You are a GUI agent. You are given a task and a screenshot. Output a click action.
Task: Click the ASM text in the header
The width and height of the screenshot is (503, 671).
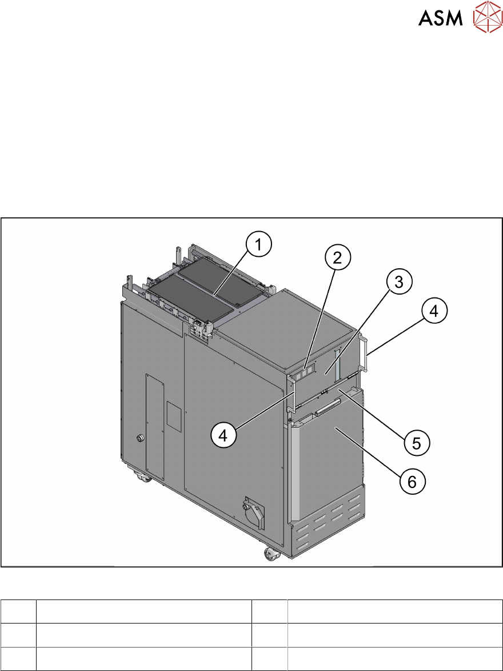[441, 18]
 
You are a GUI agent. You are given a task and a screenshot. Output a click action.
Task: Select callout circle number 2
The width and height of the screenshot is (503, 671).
[338, 258]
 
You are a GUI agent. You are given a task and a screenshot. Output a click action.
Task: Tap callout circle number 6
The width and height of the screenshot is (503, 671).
[412, 482]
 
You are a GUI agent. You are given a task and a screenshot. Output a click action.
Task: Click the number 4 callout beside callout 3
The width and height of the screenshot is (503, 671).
[435, 312]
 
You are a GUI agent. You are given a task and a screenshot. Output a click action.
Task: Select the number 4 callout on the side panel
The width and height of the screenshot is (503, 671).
[224, 435]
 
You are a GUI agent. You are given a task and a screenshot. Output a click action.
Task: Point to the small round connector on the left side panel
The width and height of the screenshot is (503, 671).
[140, 439]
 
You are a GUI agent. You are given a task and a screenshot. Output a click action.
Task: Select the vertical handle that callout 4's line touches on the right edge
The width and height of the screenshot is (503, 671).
[364, 355]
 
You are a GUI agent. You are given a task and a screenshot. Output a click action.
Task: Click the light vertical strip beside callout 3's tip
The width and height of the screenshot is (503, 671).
[337, 363]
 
